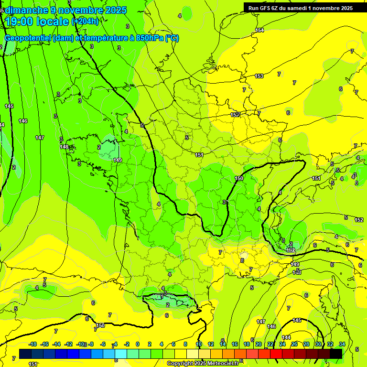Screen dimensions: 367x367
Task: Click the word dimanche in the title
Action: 26,10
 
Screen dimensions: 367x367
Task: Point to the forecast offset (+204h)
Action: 85,22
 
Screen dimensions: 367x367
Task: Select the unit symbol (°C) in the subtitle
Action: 172,38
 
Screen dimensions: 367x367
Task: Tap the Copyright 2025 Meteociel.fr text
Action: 203,364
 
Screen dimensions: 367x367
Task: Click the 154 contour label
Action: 259,30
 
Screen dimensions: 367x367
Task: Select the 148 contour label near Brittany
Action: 65,147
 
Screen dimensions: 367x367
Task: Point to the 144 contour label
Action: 286,337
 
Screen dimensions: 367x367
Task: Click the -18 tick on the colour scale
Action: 32,344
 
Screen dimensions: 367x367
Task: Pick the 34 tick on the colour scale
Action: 342,344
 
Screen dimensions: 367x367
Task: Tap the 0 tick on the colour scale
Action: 137,344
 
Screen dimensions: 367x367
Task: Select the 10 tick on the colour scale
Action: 198,344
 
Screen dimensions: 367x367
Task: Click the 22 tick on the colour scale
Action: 270,344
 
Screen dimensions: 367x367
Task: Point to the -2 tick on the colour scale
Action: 126,344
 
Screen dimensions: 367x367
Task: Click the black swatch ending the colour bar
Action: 336,354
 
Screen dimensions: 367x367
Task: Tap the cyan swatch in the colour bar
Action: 121,354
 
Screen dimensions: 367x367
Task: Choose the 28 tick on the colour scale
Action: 306,344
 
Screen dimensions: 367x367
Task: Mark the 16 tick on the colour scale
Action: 234,344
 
